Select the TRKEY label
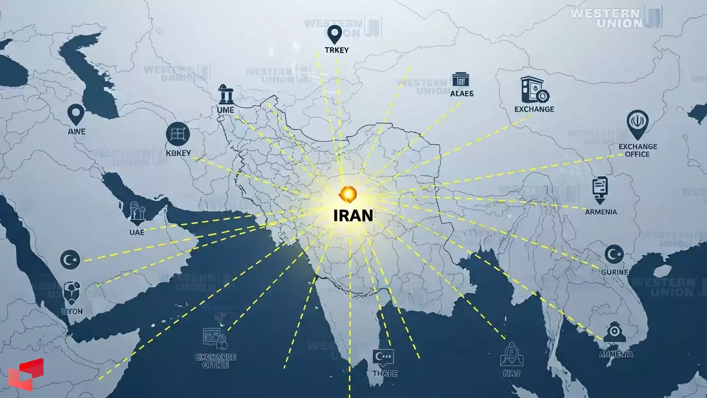pyautogui.click(x=336, y=50)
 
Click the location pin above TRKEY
pyautogui.click(x=335, y=34)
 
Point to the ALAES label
pyautogui.click(x=462, y=94)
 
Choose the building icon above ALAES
pyautogui.click(x=460, y=79)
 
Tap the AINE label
pyautogui.click(x=77, y=132)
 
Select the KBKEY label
pyautogui.click(x=179, y=153)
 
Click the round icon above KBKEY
pyautogui.click(x=178, y=134)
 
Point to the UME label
pyautogui.click(x=226, y=110)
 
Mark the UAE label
pyautogui.click(x=137, y=232)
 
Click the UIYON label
pyautogui.click(x=71, y=312)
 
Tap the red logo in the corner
pyautogui.click(x=26, y=374)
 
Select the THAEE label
pyautogui.click(x=385, y=373)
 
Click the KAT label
pyautogui.click(x=511, y=373)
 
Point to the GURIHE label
pyautogui.click(x=615, y=272)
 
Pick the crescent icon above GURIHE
pyautogui.click(x=614, y=254)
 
